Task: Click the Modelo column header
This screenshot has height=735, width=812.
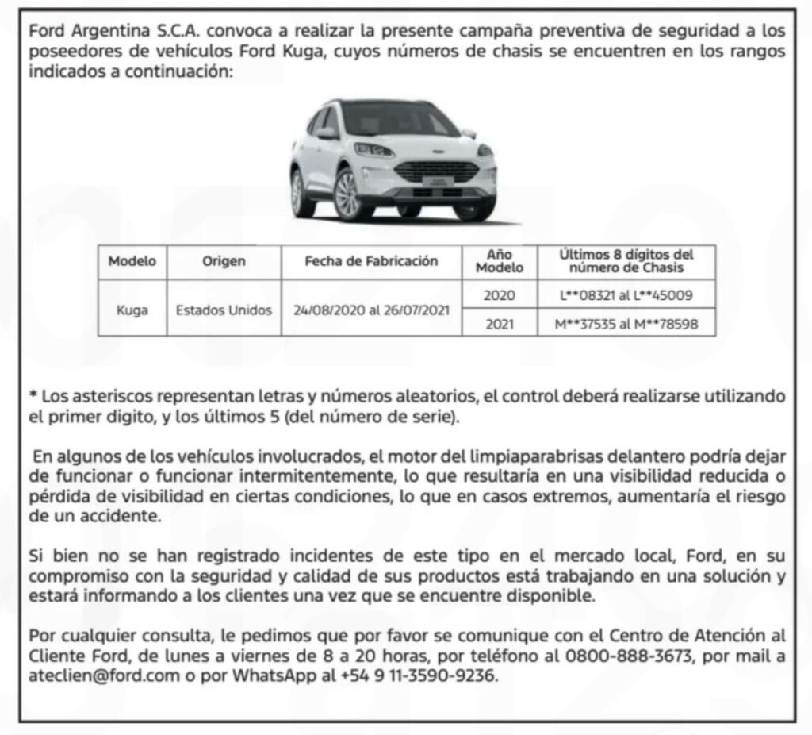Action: tap(132, 261)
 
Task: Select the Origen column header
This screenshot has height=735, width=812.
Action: tap(224, 261)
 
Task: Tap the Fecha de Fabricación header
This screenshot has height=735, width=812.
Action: tap(371, 261)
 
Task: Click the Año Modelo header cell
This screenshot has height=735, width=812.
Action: tap(500, 261)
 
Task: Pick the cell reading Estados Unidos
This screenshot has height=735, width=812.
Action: tap(224, 310)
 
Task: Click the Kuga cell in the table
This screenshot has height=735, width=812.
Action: tap(132, 310)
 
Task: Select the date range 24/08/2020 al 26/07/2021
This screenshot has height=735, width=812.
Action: tap(371, 310)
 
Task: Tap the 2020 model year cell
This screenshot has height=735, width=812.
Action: tap(500, 295)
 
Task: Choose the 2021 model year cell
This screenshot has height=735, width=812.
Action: tap(500, 324)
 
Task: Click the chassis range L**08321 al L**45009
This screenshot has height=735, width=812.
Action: tap(626, 295)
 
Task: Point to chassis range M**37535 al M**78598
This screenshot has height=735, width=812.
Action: tap(626, 324)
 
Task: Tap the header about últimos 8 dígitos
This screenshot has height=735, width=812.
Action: tap(626, 261)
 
